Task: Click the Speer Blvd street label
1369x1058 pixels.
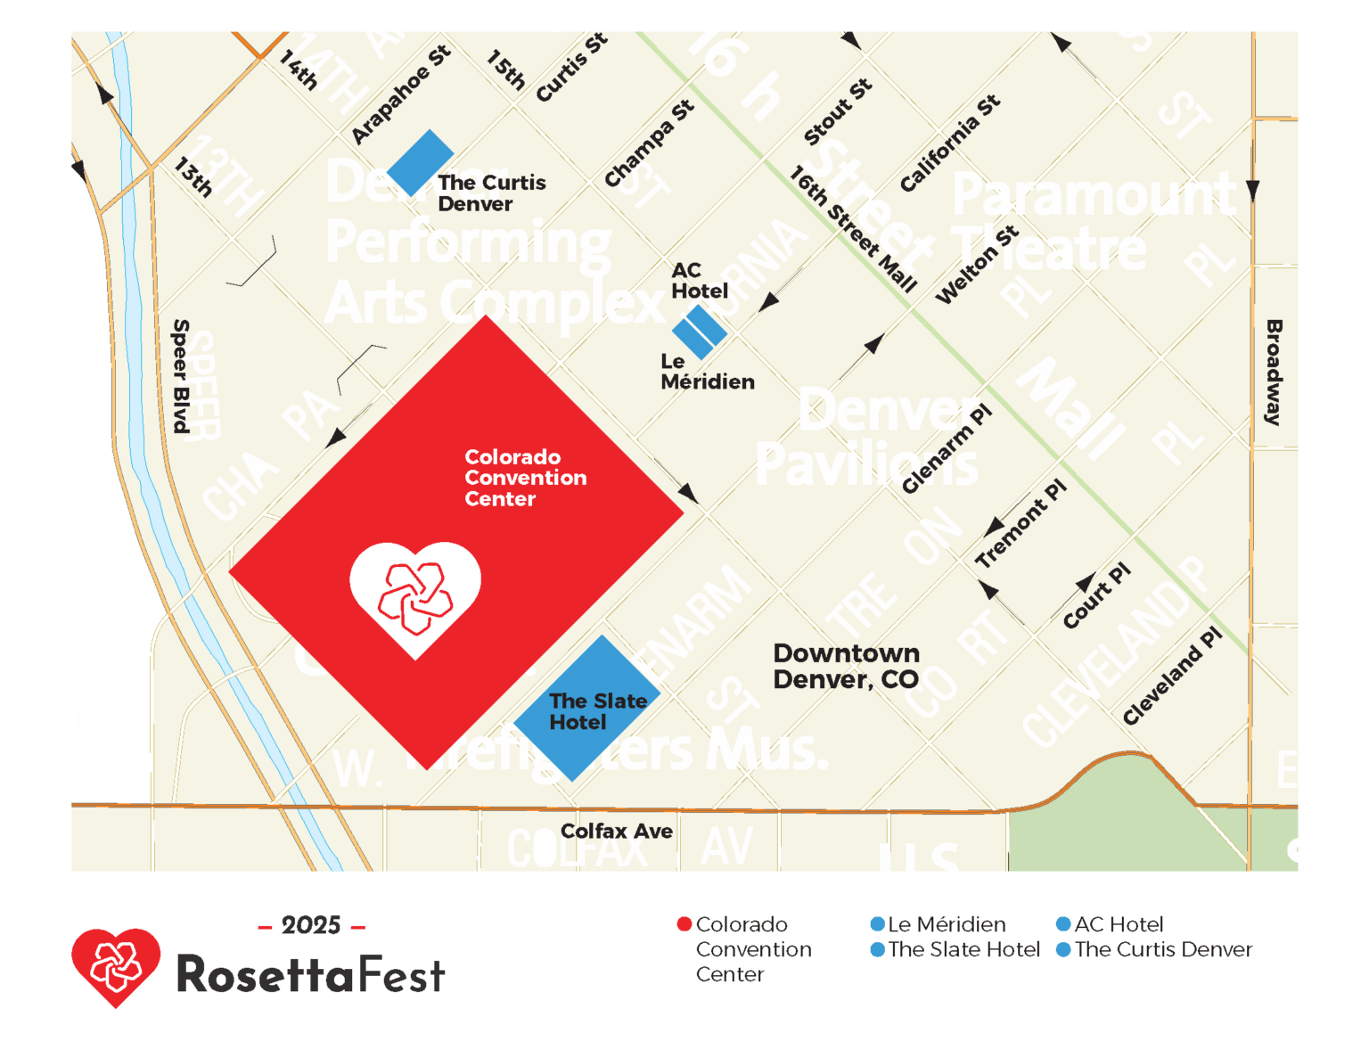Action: click(x=181, y=376)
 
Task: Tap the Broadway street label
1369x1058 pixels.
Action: click(x=1274, y=373)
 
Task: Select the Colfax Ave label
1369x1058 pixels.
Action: click(x=616, y=831)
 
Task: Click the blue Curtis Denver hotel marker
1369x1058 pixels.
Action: click(x=420, y=162)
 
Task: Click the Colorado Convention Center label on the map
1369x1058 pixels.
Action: click(x=525, y=478)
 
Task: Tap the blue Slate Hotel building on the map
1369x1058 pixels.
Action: click(x=586, y=709)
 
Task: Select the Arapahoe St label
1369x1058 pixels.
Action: click(x=400, y=94)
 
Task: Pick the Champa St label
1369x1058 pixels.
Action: click(x=648, y=144)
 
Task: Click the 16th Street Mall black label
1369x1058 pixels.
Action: click(x=853, y=229)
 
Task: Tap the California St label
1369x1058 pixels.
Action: click(x=949, y=143)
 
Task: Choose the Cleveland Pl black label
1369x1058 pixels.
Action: click(x=1171, y=676)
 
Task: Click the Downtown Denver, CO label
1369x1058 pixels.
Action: click(x=846, y=666)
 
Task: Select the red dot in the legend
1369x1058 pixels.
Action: click(x=684, y=924)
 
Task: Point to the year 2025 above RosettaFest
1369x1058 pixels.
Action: click(x=311, y=925)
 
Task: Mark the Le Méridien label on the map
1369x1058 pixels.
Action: click(x=707, y=372)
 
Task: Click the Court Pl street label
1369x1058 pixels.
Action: click(x=1096, y=595)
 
